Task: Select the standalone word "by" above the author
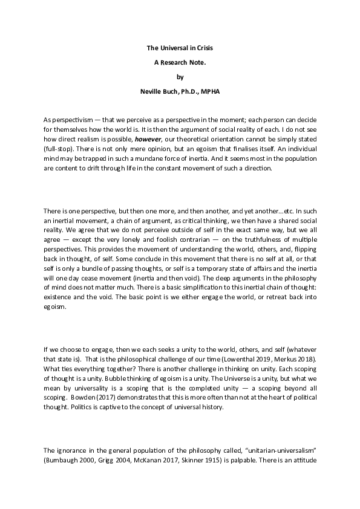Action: pyautogui.click(x=180, y=77)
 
